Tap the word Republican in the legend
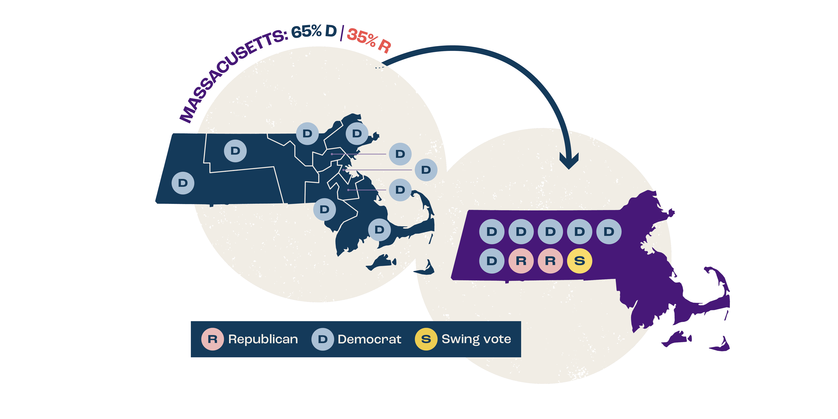(263, 339)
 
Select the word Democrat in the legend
(369, 339)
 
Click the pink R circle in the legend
(212, 339)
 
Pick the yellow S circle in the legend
(426, 339)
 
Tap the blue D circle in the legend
(322, 339)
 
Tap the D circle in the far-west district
(183, 183)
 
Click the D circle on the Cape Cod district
(379, 230)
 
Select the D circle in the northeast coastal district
(357, 133)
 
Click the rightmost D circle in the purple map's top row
(609, 232)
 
